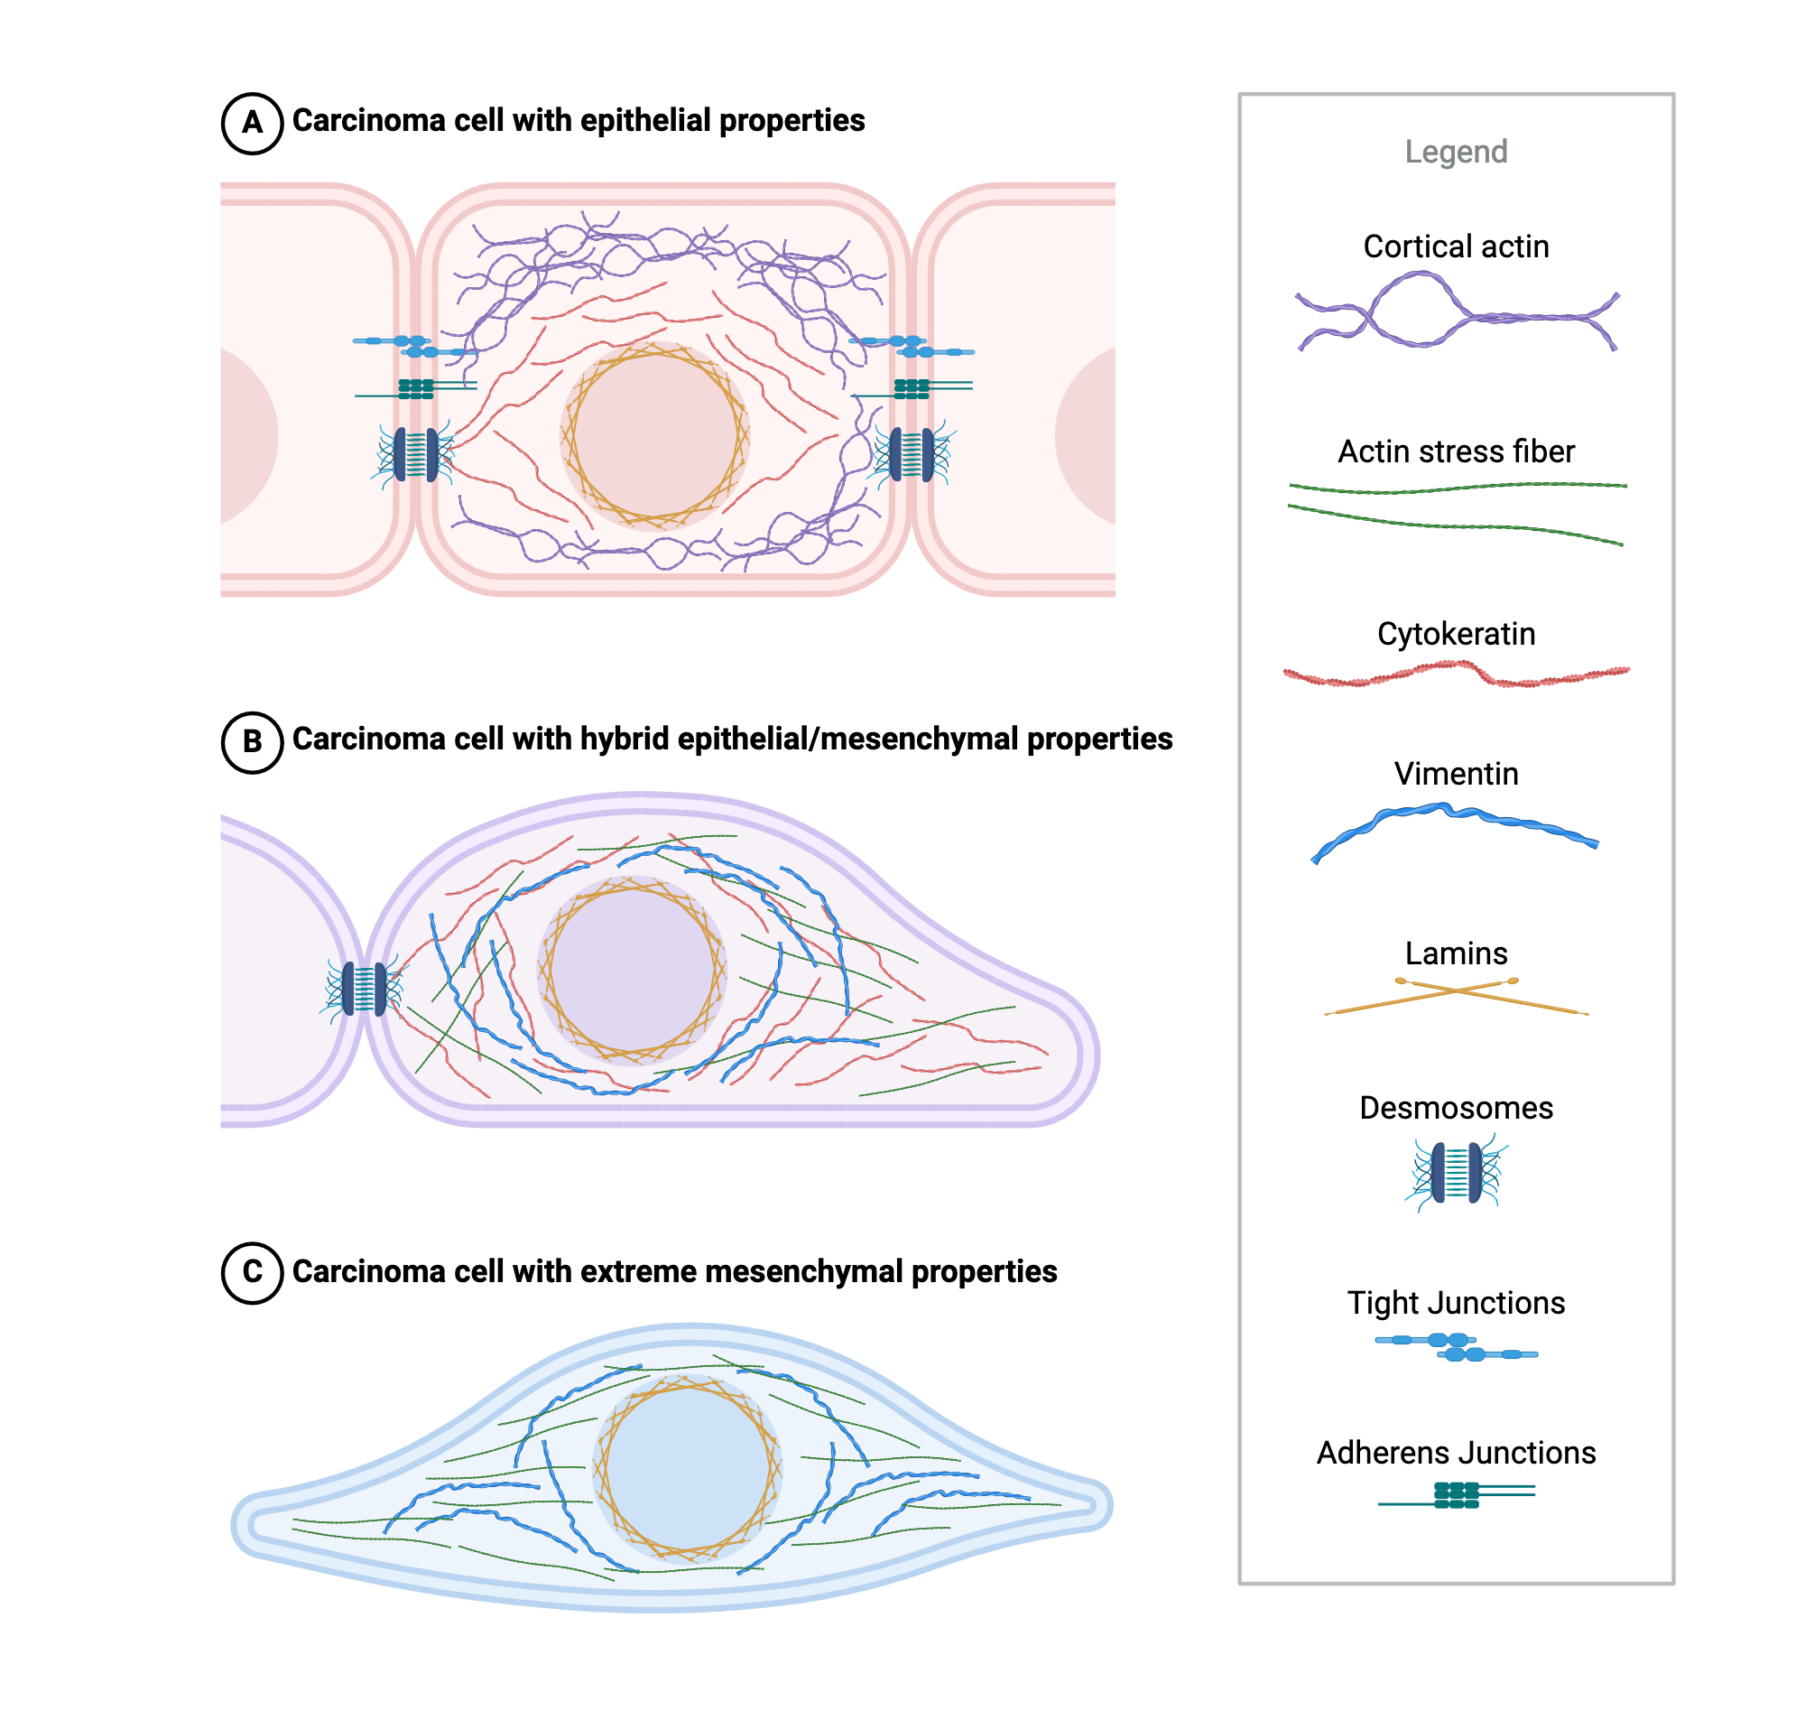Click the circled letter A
click(x=252, y=123)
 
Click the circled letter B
click(x=252, y=741)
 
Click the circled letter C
click(x=252, y=1272)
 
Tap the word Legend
click(x=1456, y=152)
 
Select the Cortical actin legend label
click(x=1456, y=246)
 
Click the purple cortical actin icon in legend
click(x=1456, y=314)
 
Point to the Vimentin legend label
click(x=1456, y=775)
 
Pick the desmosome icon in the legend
click(x=1456, y=1173)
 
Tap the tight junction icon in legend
click(x=1457, y=1347)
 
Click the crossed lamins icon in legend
click(x=1456, y=995)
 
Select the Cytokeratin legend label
click(x=1456, y=635)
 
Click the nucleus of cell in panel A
click(x=654, y=437)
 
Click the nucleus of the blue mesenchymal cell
click(x=687, y=1467)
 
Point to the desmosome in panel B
click(x=364, y=989)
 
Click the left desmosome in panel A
click(x=416, y=454)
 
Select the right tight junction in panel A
click(x=912, y=348)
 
